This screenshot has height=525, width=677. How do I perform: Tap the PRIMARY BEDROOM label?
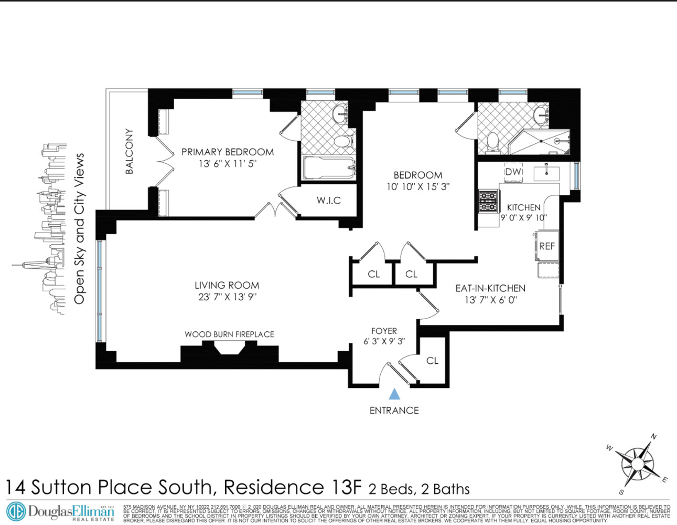228,152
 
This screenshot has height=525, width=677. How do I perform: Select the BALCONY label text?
129,151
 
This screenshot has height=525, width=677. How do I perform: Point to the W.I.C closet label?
329,201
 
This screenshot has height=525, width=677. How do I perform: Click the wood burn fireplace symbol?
230,348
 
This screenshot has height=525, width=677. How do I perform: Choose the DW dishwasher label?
513,172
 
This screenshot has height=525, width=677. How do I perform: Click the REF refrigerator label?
547,246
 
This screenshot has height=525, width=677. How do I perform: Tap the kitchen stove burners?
488,201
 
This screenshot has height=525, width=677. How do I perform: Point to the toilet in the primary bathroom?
343,141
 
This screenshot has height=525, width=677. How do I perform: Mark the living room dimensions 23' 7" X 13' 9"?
227,297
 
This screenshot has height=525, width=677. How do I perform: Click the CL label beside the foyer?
432,361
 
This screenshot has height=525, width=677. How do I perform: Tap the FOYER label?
384,331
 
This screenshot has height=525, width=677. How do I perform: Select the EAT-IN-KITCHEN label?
490,288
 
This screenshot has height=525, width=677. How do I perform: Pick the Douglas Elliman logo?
60,512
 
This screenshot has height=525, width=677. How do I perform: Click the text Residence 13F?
293,487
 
